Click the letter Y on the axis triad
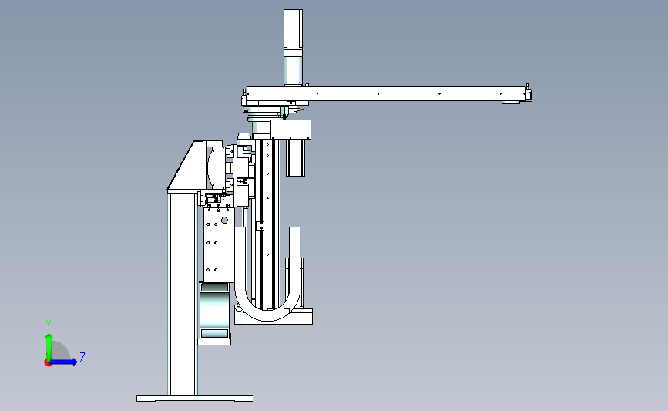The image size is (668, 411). point(49,325)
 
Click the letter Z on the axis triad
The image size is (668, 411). point(82,357)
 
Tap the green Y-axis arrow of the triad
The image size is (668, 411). point(49,347)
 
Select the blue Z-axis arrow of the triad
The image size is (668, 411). point(62,362)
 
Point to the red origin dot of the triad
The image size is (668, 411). point(48,363)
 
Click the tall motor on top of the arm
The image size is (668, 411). point(293,47)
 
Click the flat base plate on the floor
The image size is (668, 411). point(195,398)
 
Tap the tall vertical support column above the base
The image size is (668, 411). point(183,294)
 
